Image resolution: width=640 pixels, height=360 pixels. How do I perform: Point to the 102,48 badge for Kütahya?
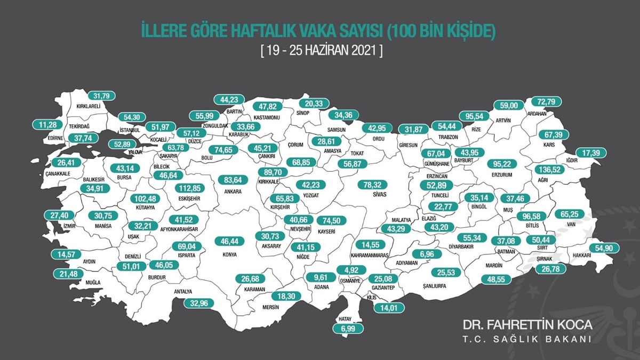[145, 198]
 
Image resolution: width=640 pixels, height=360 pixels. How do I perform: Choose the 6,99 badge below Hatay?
[347, 330]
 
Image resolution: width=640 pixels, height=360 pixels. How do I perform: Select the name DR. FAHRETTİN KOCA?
[527, 325]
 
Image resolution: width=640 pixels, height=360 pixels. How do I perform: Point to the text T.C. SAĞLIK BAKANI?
[527, 340]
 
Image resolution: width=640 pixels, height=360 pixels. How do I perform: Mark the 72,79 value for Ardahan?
[548, 101]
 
